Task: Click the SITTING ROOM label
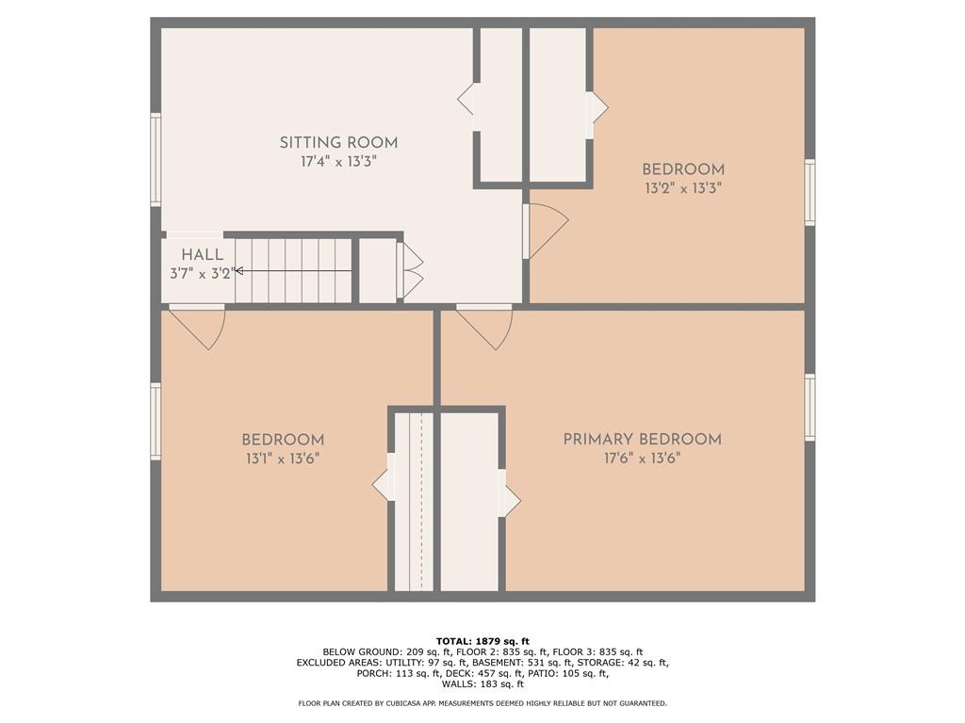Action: [338, 143]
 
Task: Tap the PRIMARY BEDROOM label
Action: [642, 440]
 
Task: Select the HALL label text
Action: [203, 254]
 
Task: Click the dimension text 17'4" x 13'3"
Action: [338, 162]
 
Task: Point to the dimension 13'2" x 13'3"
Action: [682, 188]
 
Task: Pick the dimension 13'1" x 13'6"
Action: [283, 458]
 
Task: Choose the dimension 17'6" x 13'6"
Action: [642, 458]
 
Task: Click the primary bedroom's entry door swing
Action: [488, 327]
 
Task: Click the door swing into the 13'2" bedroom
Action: [547, 231]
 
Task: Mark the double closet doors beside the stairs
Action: [412, 271]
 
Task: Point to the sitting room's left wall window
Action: [155, 159]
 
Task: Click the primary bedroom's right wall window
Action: [809, 407]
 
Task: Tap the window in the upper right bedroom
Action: [809, 192]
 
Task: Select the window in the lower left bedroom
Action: [155, 421]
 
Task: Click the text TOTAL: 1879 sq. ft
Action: [482, 641]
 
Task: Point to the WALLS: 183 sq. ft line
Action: [482, 684]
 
